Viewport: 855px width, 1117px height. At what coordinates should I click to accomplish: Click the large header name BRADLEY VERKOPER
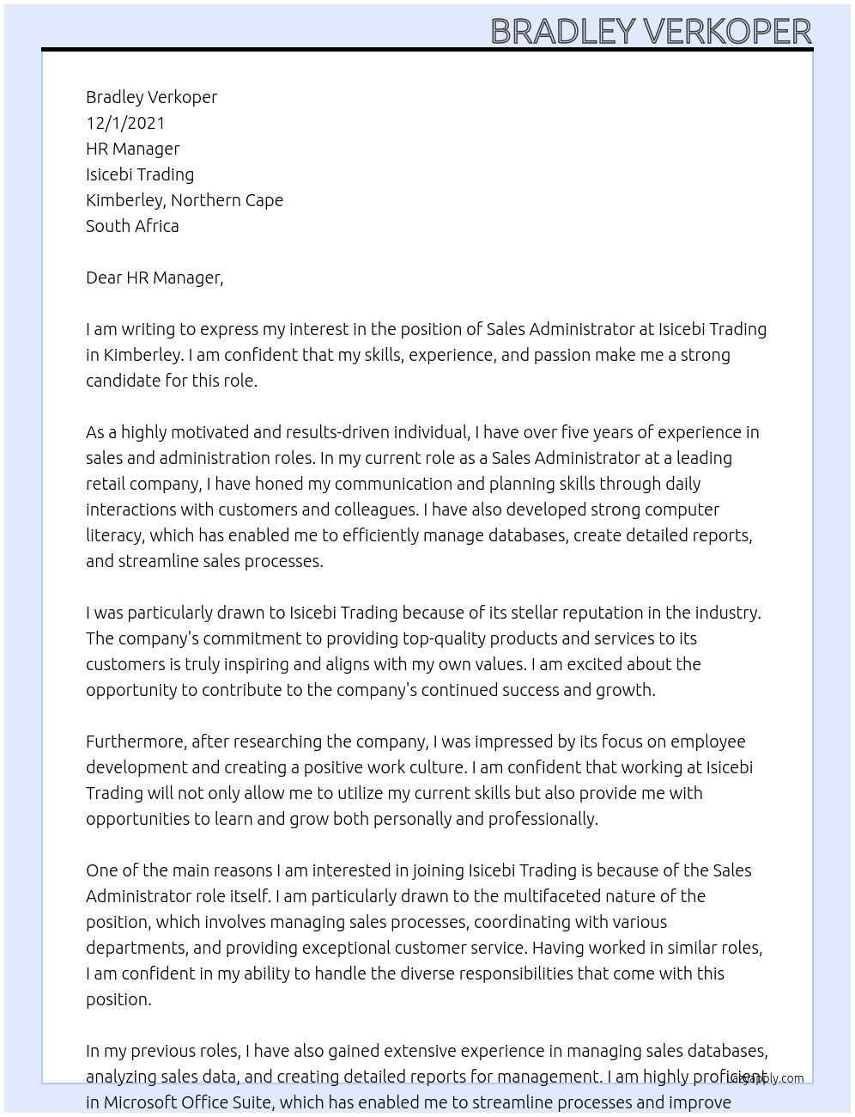[x=650, y=31]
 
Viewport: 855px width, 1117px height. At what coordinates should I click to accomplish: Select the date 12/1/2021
[x=125, y=123]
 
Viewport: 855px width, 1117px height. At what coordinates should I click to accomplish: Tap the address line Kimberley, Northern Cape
[x=184, y=200]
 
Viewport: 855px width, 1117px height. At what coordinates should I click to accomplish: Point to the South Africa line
[x=132, y=226]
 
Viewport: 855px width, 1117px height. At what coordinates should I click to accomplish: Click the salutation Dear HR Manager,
[x=155, y=278]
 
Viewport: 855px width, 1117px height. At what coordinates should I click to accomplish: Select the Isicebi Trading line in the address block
[x=140, y=174]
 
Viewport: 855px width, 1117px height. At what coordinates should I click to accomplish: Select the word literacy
[x=114, y=535]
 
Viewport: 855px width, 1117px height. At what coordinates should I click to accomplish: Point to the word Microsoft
[x=142, y=1102]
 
